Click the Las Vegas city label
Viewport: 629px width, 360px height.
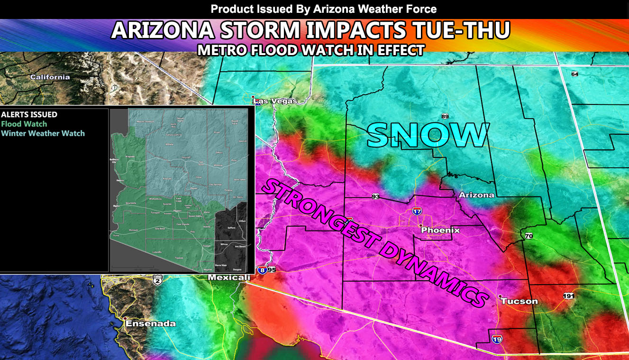275,101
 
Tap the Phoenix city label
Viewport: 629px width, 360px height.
440,230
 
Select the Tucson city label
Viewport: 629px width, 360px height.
520,301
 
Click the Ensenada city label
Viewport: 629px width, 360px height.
150,323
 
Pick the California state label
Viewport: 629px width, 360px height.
50,77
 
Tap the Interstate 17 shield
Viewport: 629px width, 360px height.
417,211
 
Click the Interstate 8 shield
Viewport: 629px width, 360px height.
262,270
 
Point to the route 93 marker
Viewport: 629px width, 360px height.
375,196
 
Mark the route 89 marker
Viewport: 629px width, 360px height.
445,116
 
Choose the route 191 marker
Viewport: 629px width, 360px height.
569,296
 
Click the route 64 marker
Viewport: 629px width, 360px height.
575,74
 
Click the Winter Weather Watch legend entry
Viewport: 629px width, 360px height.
43,133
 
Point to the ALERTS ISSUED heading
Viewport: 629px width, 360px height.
29,115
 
